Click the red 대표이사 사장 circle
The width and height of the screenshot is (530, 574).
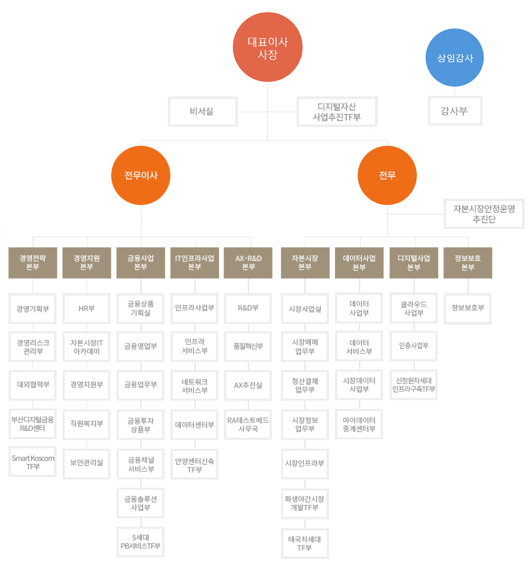pyautogui.click(x=267, y=48)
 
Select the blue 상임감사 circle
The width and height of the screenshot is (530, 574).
pyautogui.click(x=455, y=58)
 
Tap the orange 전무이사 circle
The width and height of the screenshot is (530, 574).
pyautogui.click(x=141, y=175)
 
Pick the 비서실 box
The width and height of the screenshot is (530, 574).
pyautogui.click(x=203, y=112)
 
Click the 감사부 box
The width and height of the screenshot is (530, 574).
pyautogui.click(x=455, y=111)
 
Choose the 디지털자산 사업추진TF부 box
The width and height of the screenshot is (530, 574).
pyautogui.click(x=337, y=112)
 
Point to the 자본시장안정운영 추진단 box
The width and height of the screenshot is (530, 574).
pyautogui.click(x=484, y=213)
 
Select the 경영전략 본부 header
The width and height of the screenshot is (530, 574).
pyautogui.click(x=33, y=263)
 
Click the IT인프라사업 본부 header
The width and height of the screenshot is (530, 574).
pyautogui.click(x=194, y=263)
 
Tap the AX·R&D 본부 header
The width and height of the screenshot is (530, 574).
pyautogui.click(x=248, y=263)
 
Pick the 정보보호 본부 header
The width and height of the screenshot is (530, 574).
pyautogui.click(x=468, y=263)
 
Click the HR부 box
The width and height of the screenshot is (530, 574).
pyautogui.click(x=86, y=308)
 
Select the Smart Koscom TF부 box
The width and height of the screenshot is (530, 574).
pyautogui.click(x=33, y=461)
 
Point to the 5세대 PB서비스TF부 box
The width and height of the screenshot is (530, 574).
pyautogui.click(x=140, y=541)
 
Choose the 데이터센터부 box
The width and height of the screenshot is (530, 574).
pyautogui.click(x=194, y=424)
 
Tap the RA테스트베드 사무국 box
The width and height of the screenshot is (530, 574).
pyautogui.click(x=248, y=424)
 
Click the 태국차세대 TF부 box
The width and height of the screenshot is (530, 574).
pyautogui.click(x=305, y=543)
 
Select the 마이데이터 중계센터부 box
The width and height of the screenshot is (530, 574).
pyautogui.click(x=359, y=424)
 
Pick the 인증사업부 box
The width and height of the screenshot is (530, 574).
pyautogui.click(x=414, y=346)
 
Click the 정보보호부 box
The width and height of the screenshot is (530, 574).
pyautogui.click(x=468, y=308)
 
